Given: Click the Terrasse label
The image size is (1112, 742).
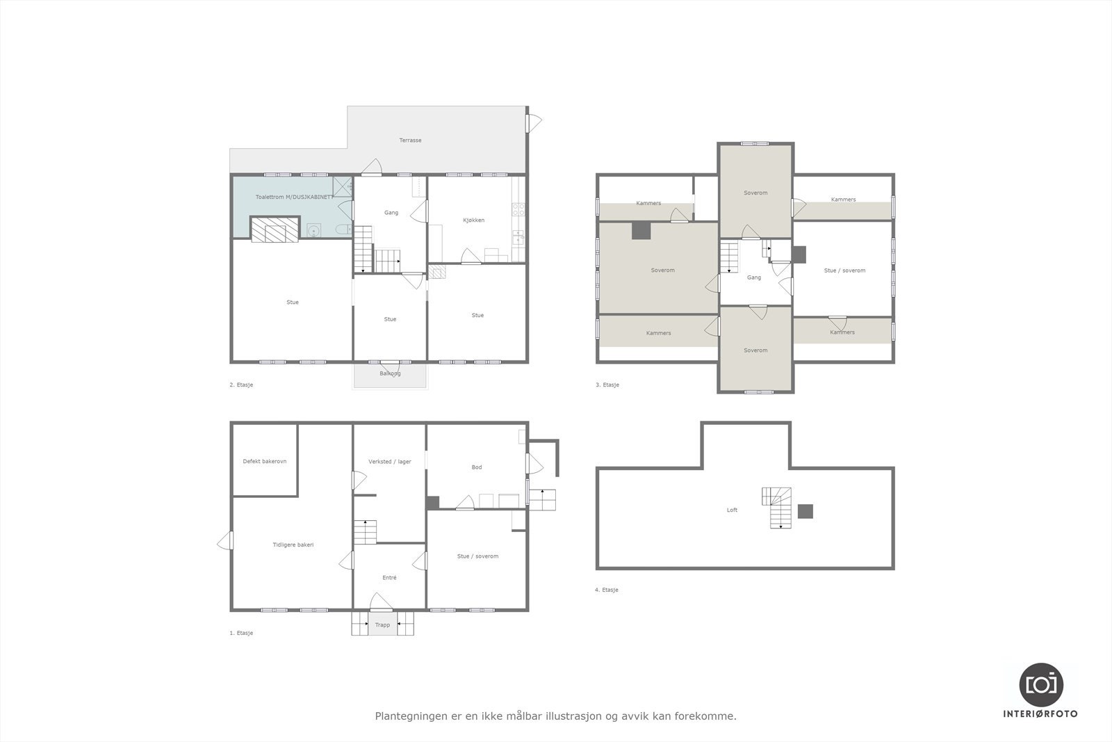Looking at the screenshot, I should click(x=410, y=140).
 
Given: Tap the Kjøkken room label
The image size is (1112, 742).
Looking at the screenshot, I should click(x=473, y=220).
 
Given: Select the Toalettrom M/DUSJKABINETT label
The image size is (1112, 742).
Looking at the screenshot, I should click(x=294, y=197).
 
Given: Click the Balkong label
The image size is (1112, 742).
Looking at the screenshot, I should click(x=390, y=374).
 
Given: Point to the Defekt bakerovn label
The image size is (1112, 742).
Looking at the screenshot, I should click(x=264, y=462).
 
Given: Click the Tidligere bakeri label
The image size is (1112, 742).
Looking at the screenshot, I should click(x=293, y=545).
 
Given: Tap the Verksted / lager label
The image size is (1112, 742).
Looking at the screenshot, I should click(x=389, y=462).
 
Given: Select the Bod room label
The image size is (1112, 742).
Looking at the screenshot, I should click(x=476, y=467).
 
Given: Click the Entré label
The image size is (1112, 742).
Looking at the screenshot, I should click(x=389, y=578).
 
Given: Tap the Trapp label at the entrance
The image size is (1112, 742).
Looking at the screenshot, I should click(x=382, y=625).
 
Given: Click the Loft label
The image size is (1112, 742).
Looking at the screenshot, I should click(x=732, y=510).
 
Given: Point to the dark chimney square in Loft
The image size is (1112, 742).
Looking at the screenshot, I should click(x=805, y=511).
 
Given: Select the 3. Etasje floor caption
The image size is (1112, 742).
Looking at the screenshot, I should click(x=607, y=385).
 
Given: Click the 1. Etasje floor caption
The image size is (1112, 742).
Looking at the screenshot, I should click(x=241, y=634).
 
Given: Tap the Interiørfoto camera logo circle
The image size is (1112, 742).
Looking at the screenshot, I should click(x=1040, y=684).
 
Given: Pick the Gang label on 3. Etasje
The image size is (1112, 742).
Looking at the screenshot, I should click(x=753, y=277).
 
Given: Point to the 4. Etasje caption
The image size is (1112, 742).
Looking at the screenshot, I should click(x=606, y=590).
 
